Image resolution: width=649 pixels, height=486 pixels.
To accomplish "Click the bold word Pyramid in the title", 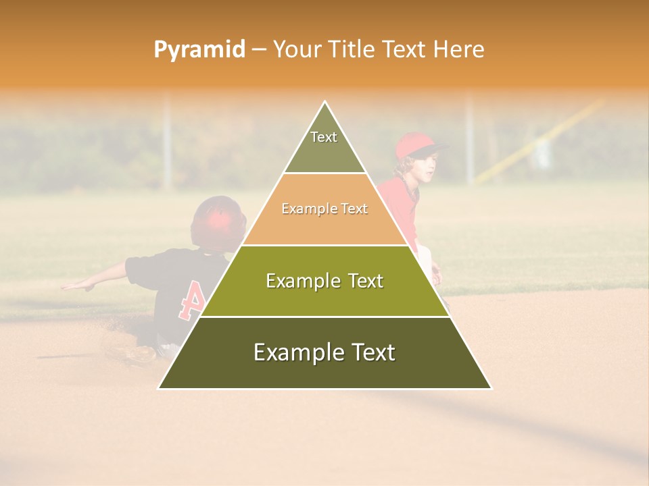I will [x=199, y=50].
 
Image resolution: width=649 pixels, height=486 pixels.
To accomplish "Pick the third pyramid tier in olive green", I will [x=324, y=281].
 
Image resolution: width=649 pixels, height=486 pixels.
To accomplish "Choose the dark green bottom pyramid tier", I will [x=324, y=353].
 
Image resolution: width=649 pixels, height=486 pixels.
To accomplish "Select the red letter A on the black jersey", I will [x=191, y=300].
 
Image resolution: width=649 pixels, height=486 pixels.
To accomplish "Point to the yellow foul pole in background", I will [x=541, y=142].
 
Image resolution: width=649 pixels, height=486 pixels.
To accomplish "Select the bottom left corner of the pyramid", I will [x=160, y=387].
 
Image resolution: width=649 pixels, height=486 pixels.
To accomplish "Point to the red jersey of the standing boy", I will [x=399, y=202].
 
